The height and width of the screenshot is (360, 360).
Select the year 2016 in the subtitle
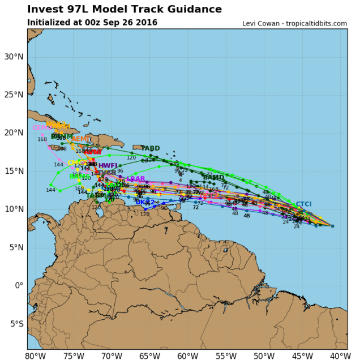coord(146,23)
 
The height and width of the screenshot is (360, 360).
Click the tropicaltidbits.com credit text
coord(316,23)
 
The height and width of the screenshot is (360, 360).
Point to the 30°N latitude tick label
coord(15,56)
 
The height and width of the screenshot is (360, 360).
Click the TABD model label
coord(151,148)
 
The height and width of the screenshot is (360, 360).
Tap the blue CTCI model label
coord(303,204)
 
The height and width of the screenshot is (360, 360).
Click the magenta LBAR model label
coord(136,179)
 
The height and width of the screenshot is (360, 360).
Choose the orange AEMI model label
coord(80,139)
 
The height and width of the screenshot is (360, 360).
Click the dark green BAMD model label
coord(213,178)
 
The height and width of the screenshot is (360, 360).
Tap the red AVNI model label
coord(93,152)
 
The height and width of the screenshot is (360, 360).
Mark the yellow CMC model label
coord(75,163)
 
